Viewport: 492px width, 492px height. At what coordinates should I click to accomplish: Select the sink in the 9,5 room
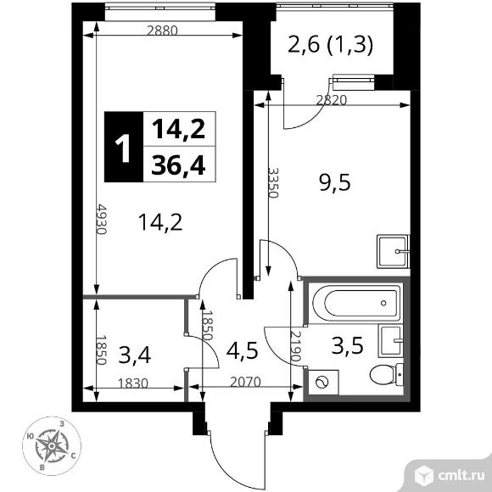(x=394, y=252)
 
